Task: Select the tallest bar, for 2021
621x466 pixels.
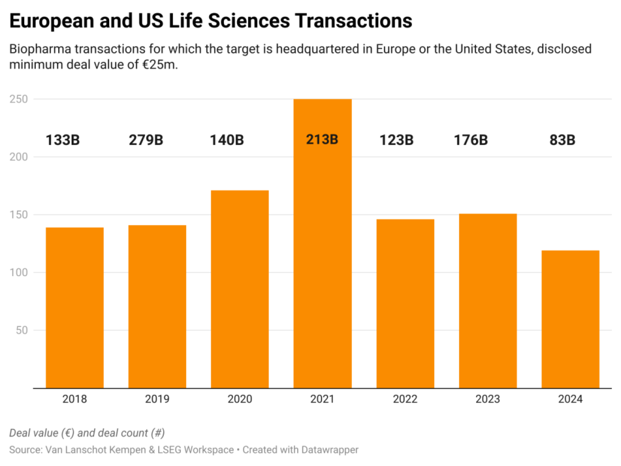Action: (323, 259)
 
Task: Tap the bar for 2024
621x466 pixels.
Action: (570, 319)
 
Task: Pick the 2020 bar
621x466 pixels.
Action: (240, 289)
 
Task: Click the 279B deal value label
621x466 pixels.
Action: (146, 140)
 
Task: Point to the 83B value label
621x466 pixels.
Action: (562, 140)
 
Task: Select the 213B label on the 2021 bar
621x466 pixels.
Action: (322, 140)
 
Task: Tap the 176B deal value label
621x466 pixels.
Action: (470, 140)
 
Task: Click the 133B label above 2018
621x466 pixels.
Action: (63, 140)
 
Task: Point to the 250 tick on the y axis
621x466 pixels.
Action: (19, 99)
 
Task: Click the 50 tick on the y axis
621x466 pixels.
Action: (22, 331)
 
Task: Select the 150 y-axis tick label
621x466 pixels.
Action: (19, 215)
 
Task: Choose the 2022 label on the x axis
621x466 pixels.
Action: (405, 399)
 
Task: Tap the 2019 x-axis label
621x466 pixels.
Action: (157, 399)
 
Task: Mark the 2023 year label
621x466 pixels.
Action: (487, 399)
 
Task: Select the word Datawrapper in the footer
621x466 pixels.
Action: (330, 450)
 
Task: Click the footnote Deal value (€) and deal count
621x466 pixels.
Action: (87, 433)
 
